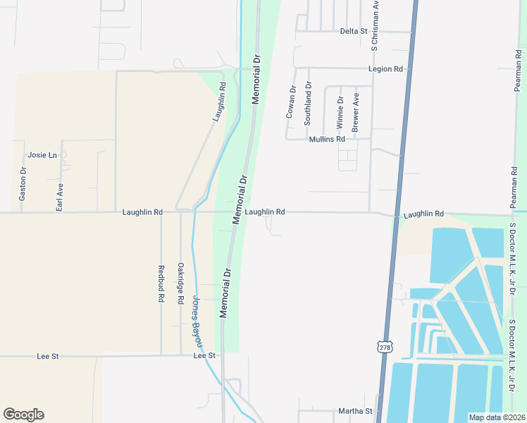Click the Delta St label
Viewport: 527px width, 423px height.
(354, 31)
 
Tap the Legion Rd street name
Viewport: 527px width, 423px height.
(385, 69)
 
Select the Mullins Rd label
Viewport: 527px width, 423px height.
(327, 140)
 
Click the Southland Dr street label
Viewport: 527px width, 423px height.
(308, 104)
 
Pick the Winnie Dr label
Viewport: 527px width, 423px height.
(340, 111)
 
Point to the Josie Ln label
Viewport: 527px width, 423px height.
(42, 155)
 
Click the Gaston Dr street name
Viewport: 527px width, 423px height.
(23, 184)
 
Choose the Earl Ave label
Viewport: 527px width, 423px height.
(60, 197)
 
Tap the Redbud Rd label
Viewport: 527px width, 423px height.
(161, 284)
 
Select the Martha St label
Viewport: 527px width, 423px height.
(354, 411)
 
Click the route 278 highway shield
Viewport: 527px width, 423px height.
(384, 348)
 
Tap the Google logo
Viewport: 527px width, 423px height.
(23, 415)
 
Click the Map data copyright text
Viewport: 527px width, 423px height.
(496, 417)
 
